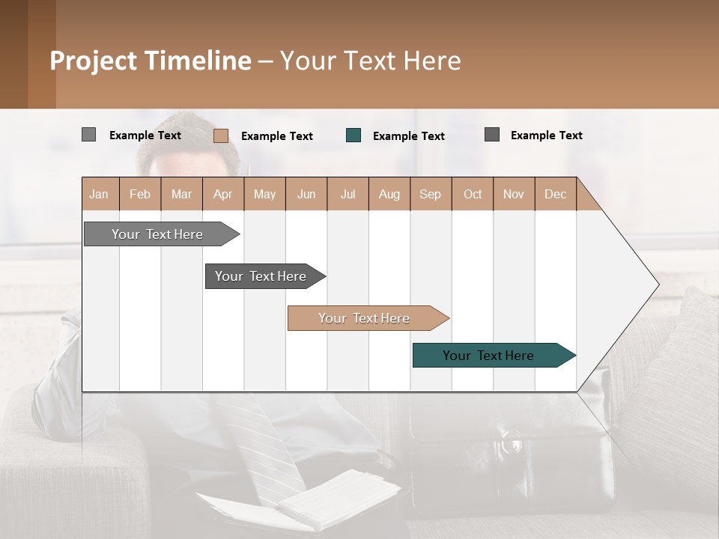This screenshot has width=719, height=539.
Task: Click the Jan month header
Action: click(100, 194)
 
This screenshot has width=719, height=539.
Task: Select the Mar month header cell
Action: click(181, 194)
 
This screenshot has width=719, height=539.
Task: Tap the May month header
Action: click(264, 194)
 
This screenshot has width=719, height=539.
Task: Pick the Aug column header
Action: click(389, 194)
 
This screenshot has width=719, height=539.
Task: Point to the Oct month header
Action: click(473, 194)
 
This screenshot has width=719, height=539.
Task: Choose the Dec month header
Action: click(555, 194)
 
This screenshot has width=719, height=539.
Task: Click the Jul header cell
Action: click(348, 194)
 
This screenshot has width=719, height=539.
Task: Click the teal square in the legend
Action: click(354, 135)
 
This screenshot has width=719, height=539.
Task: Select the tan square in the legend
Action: click(221, 135)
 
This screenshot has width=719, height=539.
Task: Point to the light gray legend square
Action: click(88, 135)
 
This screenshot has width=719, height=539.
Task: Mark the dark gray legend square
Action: click(492, 135)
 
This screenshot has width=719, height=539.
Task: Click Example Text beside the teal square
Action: click(409, 136)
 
